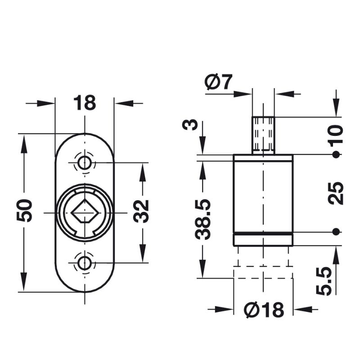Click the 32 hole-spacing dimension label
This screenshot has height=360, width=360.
[142, 211]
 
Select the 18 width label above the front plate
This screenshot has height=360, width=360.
[85, 103]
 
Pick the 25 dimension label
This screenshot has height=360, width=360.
[336, 193]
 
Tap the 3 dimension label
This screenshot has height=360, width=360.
[191, 125]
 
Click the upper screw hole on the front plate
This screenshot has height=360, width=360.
[84, 163]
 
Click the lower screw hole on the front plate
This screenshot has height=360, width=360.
[84, 262]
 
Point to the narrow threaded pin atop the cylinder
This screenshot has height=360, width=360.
[263, 135]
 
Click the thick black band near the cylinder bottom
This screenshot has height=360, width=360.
[263, 234]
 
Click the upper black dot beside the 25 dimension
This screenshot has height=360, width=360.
[335, 155]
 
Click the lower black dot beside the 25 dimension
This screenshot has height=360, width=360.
[335, 232]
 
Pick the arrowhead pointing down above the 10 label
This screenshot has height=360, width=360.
[335, 110]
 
